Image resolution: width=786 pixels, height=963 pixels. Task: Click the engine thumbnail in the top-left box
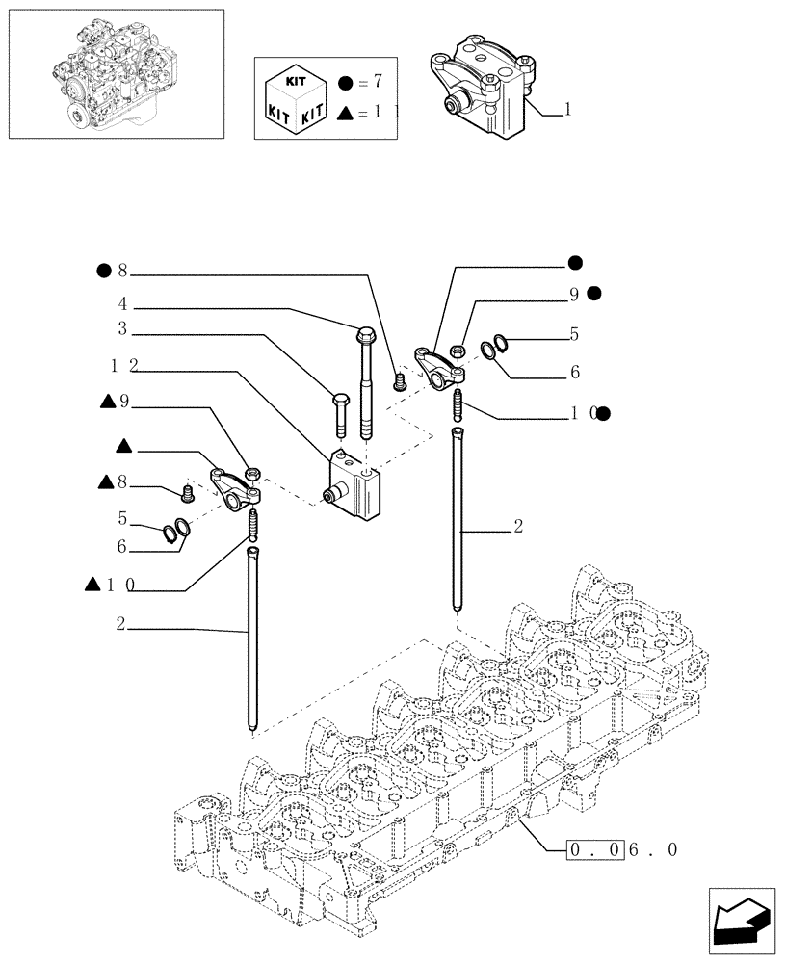115,73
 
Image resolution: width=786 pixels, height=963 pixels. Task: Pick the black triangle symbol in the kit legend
346,114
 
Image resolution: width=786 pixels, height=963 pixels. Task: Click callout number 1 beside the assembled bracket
568,111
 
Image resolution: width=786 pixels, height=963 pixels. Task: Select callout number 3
123,329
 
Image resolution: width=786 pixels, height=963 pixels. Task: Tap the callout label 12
123,366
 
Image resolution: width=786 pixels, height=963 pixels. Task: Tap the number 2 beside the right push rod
518,527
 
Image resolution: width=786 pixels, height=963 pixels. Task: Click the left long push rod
252,640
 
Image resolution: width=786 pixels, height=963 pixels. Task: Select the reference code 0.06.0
625,850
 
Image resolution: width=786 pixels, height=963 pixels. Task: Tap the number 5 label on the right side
574,335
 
